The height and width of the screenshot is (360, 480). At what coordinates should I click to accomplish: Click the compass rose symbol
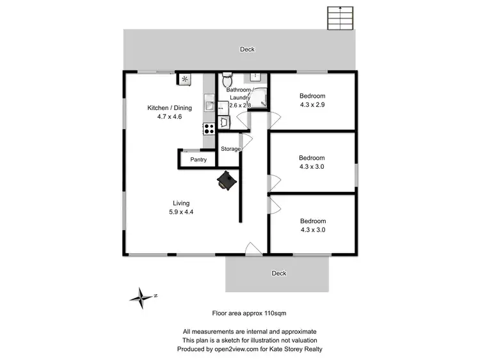140,296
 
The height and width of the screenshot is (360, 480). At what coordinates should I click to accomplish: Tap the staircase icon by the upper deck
340,19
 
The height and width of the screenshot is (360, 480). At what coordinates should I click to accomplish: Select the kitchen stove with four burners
209,127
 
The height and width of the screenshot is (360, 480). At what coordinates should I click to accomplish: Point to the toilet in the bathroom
226,81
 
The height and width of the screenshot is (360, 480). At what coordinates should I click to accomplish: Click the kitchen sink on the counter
209,102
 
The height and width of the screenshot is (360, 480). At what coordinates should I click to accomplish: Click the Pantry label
198,159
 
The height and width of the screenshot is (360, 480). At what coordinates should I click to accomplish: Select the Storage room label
230,149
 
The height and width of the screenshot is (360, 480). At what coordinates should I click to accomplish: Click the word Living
181,203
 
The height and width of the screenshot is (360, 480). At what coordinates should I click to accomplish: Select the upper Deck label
247,49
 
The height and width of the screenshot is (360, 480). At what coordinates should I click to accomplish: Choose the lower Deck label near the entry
279,273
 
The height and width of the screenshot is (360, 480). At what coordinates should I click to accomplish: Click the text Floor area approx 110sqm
249,313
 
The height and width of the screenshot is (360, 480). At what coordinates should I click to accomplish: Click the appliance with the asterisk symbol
184,79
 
